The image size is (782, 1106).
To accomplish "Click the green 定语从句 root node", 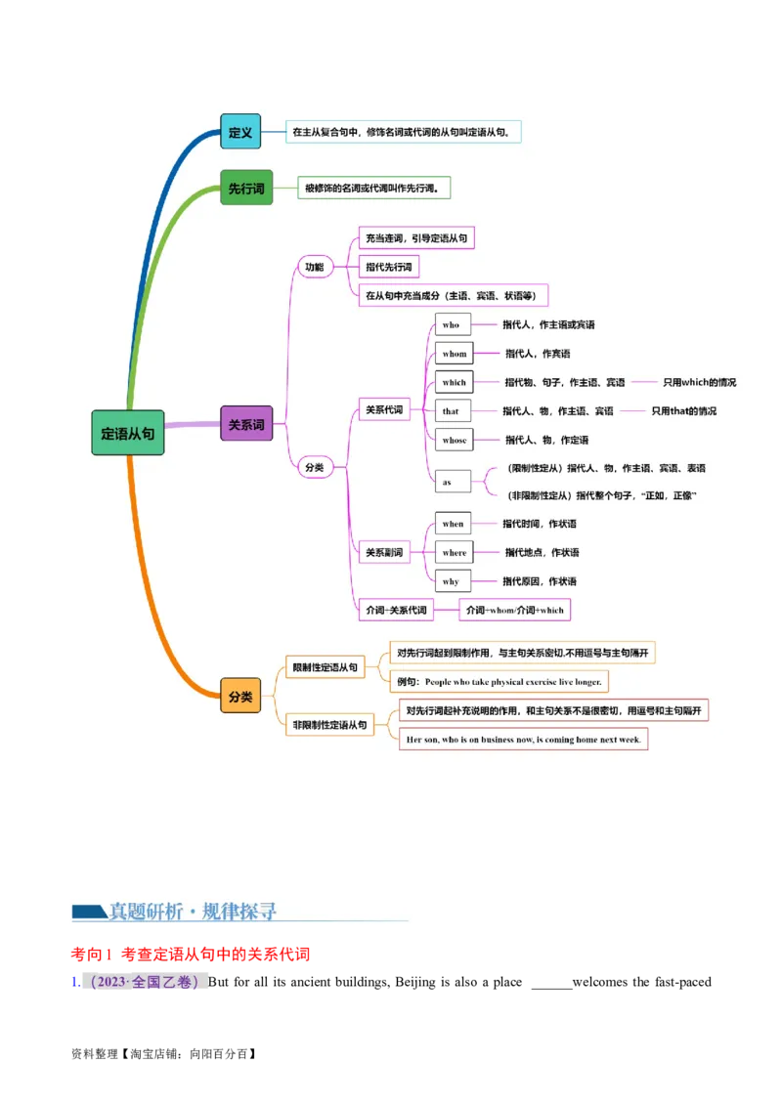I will [x=128, y=433].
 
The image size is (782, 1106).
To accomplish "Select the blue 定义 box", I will [x=240, y=131].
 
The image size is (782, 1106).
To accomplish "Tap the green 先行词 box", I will [x=246, y=188].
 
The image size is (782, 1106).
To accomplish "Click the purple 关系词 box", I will [x=246, y=424].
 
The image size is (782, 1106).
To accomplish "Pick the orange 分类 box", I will [x=240, y=696].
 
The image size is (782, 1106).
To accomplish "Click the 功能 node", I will [x=315, y=267].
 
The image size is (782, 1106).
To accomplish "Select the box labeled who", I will [x=452, y=324].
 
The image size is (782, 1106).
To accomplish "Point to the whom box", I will [x=455, y=354].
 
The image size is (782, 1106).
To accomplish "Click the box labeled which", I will [x=455, y=382].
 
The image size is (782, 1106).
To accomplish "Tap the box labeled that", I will [x=452, y=411].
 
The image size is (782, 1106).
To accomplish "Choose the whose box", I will [x=455, y=440].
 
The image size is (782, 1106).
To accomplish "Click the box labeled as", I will [x=451, y=482].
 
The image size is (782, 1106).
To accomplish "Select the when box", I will [x=454, y=524].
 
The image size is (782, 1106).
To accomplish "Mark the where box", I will [x=455, y=552].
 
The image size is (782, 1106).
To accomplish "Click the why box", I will [x=452, y=581].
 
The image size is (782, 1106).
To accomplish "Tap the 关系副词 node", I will [x=384, y=552].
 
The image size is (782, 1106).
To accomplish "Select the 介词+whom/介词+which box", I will [x=515, y=610].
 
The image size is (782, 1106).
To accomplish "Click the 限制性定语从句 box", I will [x=326, y=668].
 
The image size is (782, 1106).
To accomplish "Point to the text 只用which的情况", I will [x=699, y=382].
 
